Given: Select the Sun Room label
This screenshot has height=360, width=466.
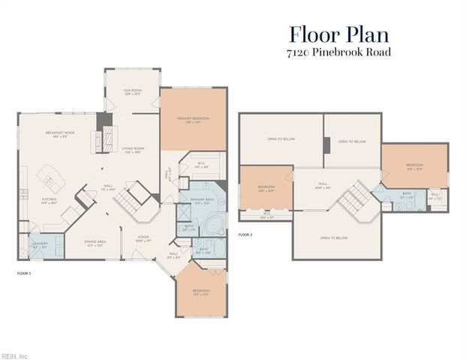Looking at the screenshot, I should coord(132,92).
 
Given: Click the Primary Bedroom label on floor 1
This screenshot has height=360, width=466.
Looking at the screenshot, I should coord(193,120).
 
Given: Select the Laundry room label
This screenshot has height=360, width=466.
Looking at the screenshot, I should coord(40,245).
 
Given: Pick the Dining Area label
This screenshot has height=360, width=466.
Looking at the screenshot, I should coord(95,244).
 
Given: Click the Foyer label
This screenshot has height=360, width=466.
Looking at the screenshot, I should coord(143,241).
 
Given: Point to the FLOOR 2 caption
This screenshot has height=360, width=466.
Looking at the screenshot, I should coord(245,235).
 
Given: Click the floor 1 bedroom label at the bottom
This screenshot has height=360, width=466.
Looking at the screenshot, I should coord(200,292).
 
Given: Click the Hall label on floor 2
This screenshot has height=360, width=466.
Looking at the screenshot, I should coord(323,184).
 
